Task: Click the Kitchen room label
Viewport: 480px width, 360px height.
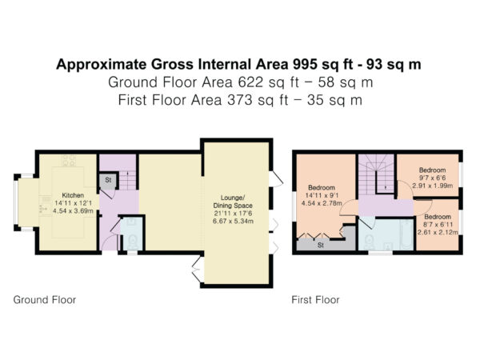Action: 73,195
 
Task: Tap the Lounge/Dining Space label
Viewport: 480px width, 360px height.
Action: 233,202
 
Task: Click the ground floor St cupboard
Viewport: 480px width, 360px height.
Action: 108,180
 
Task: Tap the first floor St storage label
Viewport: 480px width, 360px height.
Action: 321,246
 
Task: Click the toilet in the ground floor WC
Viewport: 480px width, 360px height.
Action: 133,242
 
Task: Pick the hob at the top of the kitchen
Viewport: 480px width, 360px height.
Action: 69,161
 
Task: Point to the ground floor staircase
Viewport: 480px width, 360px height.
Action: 127,181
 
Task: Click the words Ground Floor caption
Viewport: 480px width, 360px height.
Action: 45,300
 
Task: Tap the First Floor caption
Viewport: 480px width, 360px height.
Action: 315,300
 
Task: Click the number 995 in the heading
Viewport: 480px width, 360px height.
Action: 305,64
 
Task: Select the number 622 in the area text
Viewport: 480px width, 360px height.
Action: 250,82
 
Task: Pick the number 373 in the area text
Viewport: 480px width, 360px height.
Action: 239,100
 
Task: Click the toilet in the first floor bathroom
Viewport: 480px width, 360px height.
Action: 370,242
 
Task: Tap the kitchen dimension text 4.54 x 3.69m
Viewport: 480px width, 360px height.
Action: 73,211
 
